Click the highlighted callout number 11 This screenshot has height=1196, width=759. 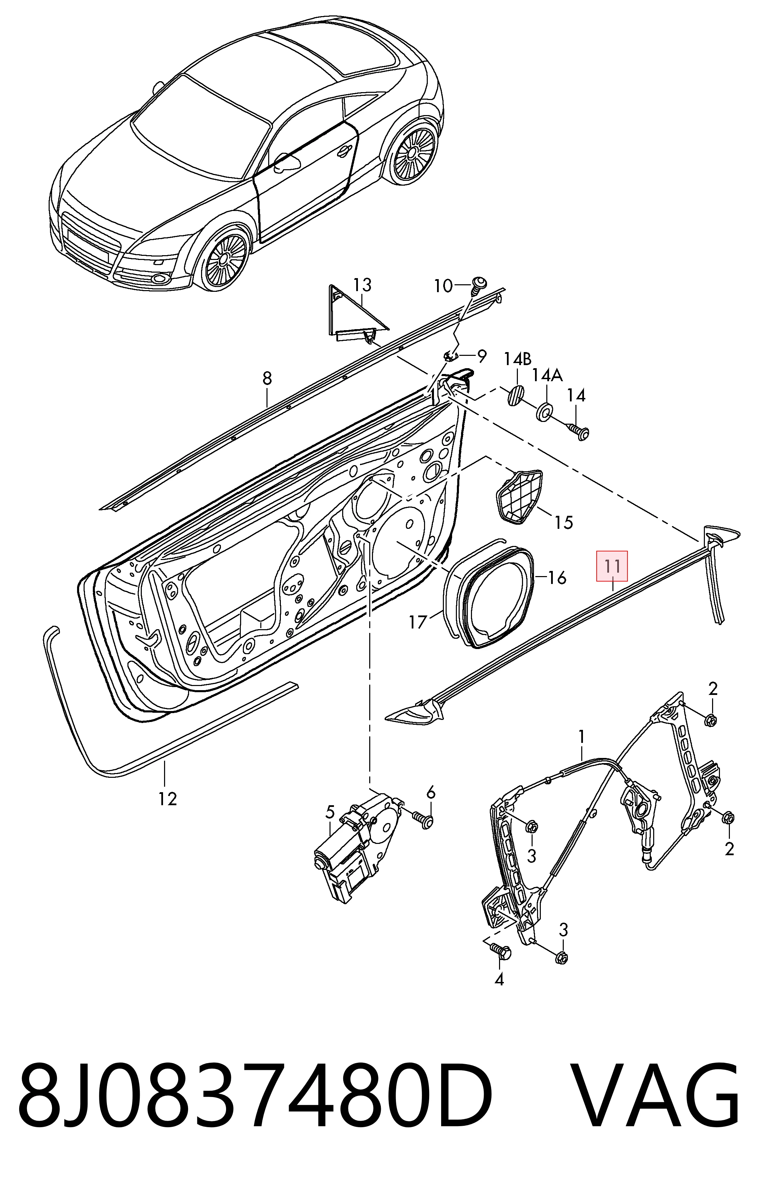coord(612,566)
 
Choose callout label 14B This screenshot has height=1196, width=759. coord(518,358)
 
